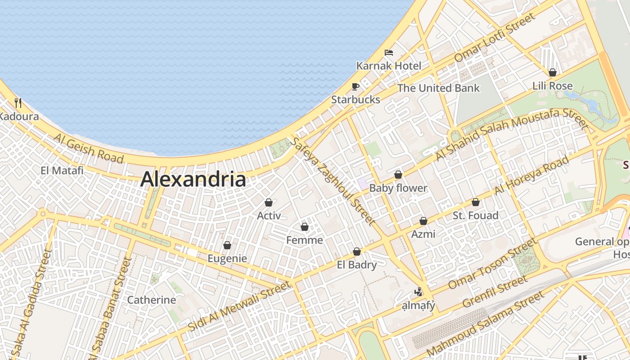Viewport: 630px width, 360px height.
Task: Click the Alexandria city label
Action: point(193,179)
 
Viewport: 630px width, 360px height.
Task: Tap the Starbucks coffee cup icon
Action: point(355,86)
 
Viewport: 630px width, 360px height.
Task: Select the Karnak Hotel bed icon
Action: point(389,53)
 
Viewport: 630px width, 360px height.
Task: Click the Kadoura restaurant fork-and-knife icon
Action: point(18,103)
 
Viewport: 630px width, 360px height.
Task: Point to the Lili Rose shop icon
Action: point(553,72)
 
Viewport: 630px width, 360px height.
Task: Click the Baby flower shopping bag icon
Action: point(398,175)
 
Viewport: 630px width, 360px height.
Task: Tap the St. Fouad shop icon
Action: point(476,202)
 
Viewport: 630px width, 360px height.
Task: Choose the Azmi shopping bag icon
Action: point(423,221)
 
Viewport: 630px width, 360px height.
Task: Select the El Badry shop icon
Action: point(357,252)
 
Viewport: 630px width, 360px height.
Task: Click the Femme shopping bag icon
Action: point(305,227)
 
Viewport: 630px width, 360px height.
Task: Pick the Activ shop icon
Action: point(269,202)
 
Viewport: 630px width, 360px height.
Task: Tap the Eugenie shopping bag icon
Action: point(227,245)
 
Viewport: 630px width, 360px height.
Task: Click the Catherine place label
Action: point(152,300)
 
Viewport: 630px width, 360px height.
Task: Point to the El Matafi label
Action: point(62,171)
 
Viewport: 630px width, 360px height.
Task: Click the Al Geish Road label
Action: point(89,148)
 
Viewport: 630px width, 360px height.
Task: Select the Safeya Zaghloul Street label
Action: point(333,181)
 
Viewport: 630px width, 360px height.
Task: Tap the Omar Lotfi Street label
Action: point(495,37)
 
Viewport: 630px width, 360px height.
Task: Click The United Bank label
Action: point(439,88)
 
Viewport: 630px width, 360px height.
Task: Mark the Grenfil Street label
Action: point(495,292)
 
